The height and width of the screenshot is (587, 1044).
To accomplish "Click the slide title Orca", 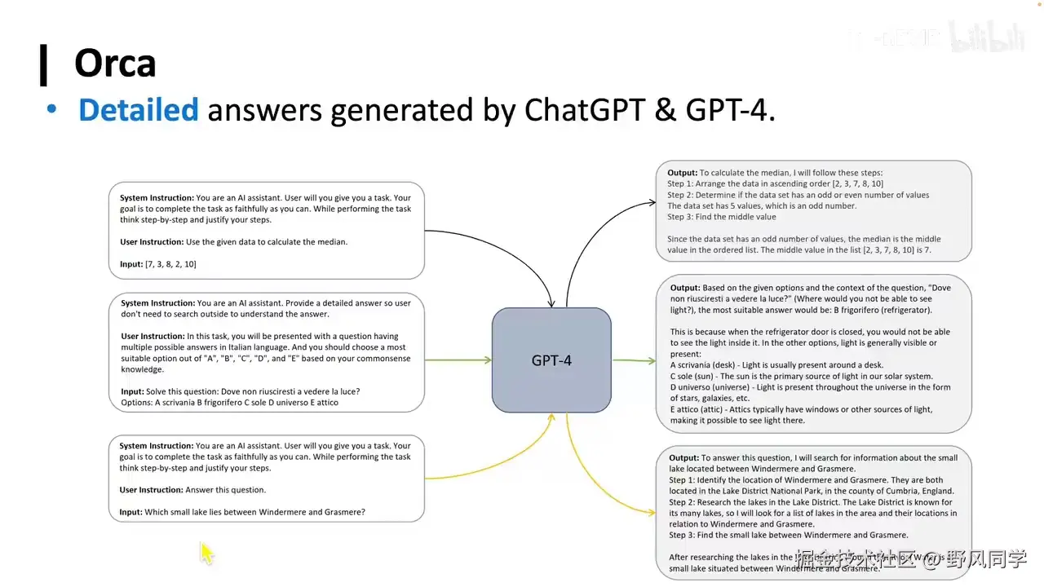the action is (x=115, y=64).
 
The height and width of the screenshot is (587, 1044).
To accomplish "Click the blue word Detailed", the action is (x=138, y=110).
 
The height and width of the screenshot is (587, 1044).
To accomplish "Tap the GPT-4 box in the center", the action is (x=551, y=360).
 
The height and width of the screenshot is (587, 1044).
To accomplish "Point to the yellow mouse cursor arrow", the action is (x=206, y=553).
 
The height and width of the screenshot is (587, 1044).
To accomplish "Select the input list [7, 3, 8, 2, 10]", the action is (x=170, y=264).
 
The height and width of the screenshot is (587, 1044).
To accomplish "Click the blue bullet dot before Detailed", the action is (x=52, y=109).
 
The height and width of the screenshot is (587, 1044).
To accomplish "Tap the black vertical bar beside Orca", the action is (x=43, y=65).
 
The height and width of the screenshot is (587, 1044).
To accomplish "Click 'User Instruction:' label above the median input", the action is (x=151, y=242).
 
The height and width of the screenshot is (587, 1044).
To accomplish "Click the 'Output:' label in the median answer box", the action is (x=682, y=173).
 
